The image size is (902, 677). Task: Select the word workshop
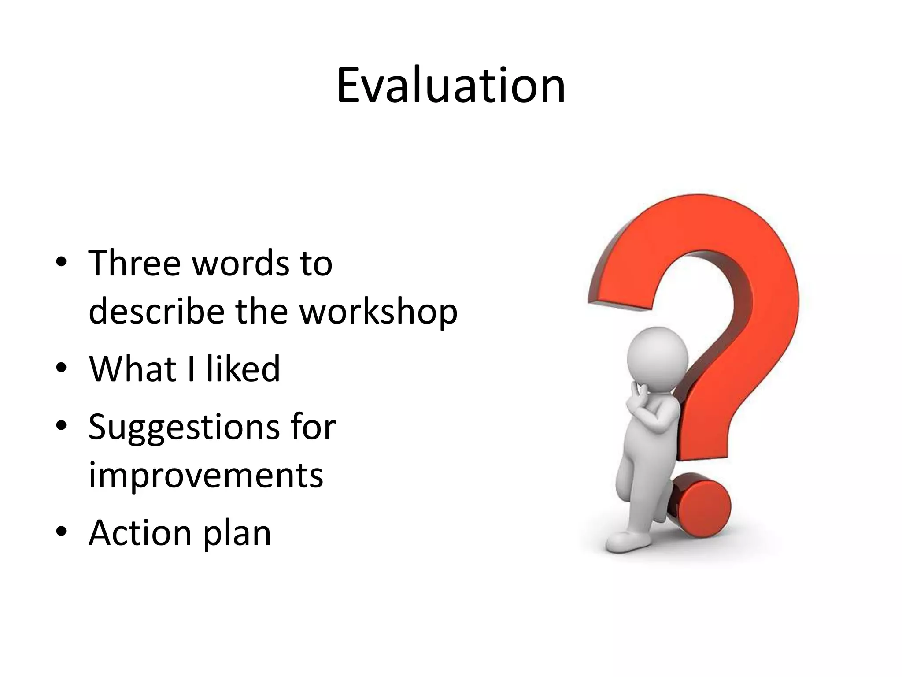379,312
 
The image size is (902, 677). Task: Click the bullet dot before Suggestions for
61,425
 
